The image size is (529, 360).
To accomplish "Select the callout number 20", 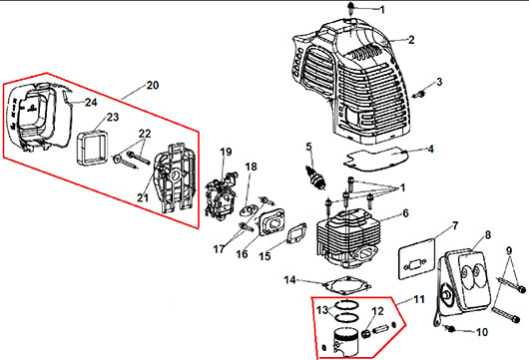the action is (x=153, y=85).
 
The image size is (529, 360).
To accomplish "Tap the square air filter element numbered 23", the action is (x=92, y=149).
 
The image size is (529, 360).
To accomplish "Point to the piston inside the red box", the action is (x=345, y=341).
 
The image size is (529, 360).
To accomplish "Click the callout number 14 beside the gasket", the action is (x=289, y=280).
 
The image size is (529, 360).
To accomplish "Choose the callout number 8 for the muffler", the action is (x=488, y=234).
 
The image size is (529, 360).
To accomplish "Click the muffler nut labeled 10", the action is (x=450, y=328).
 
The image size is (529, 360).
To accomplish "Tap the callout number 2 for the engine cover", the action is (x=411, y=40).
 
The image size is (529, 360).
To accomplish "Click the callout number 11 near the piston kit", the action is (x=419, y=299).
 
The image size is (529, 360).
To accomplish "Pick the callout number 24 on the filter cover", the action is (x=91, y=102).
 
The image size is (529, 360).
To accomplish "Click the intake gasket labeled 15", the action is (x=296, y=232).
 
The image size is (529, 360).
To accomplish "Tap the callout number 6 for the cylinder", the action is (x=405, y=213).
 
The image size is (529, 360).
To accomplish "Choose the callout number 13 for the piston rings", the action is (x=322, y=310).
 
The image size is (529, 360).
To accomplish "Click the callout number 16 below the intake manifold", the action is (x=242, y=254).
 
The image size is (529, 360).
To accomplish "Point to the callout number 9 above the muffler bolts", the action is (x=509, y=250).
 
